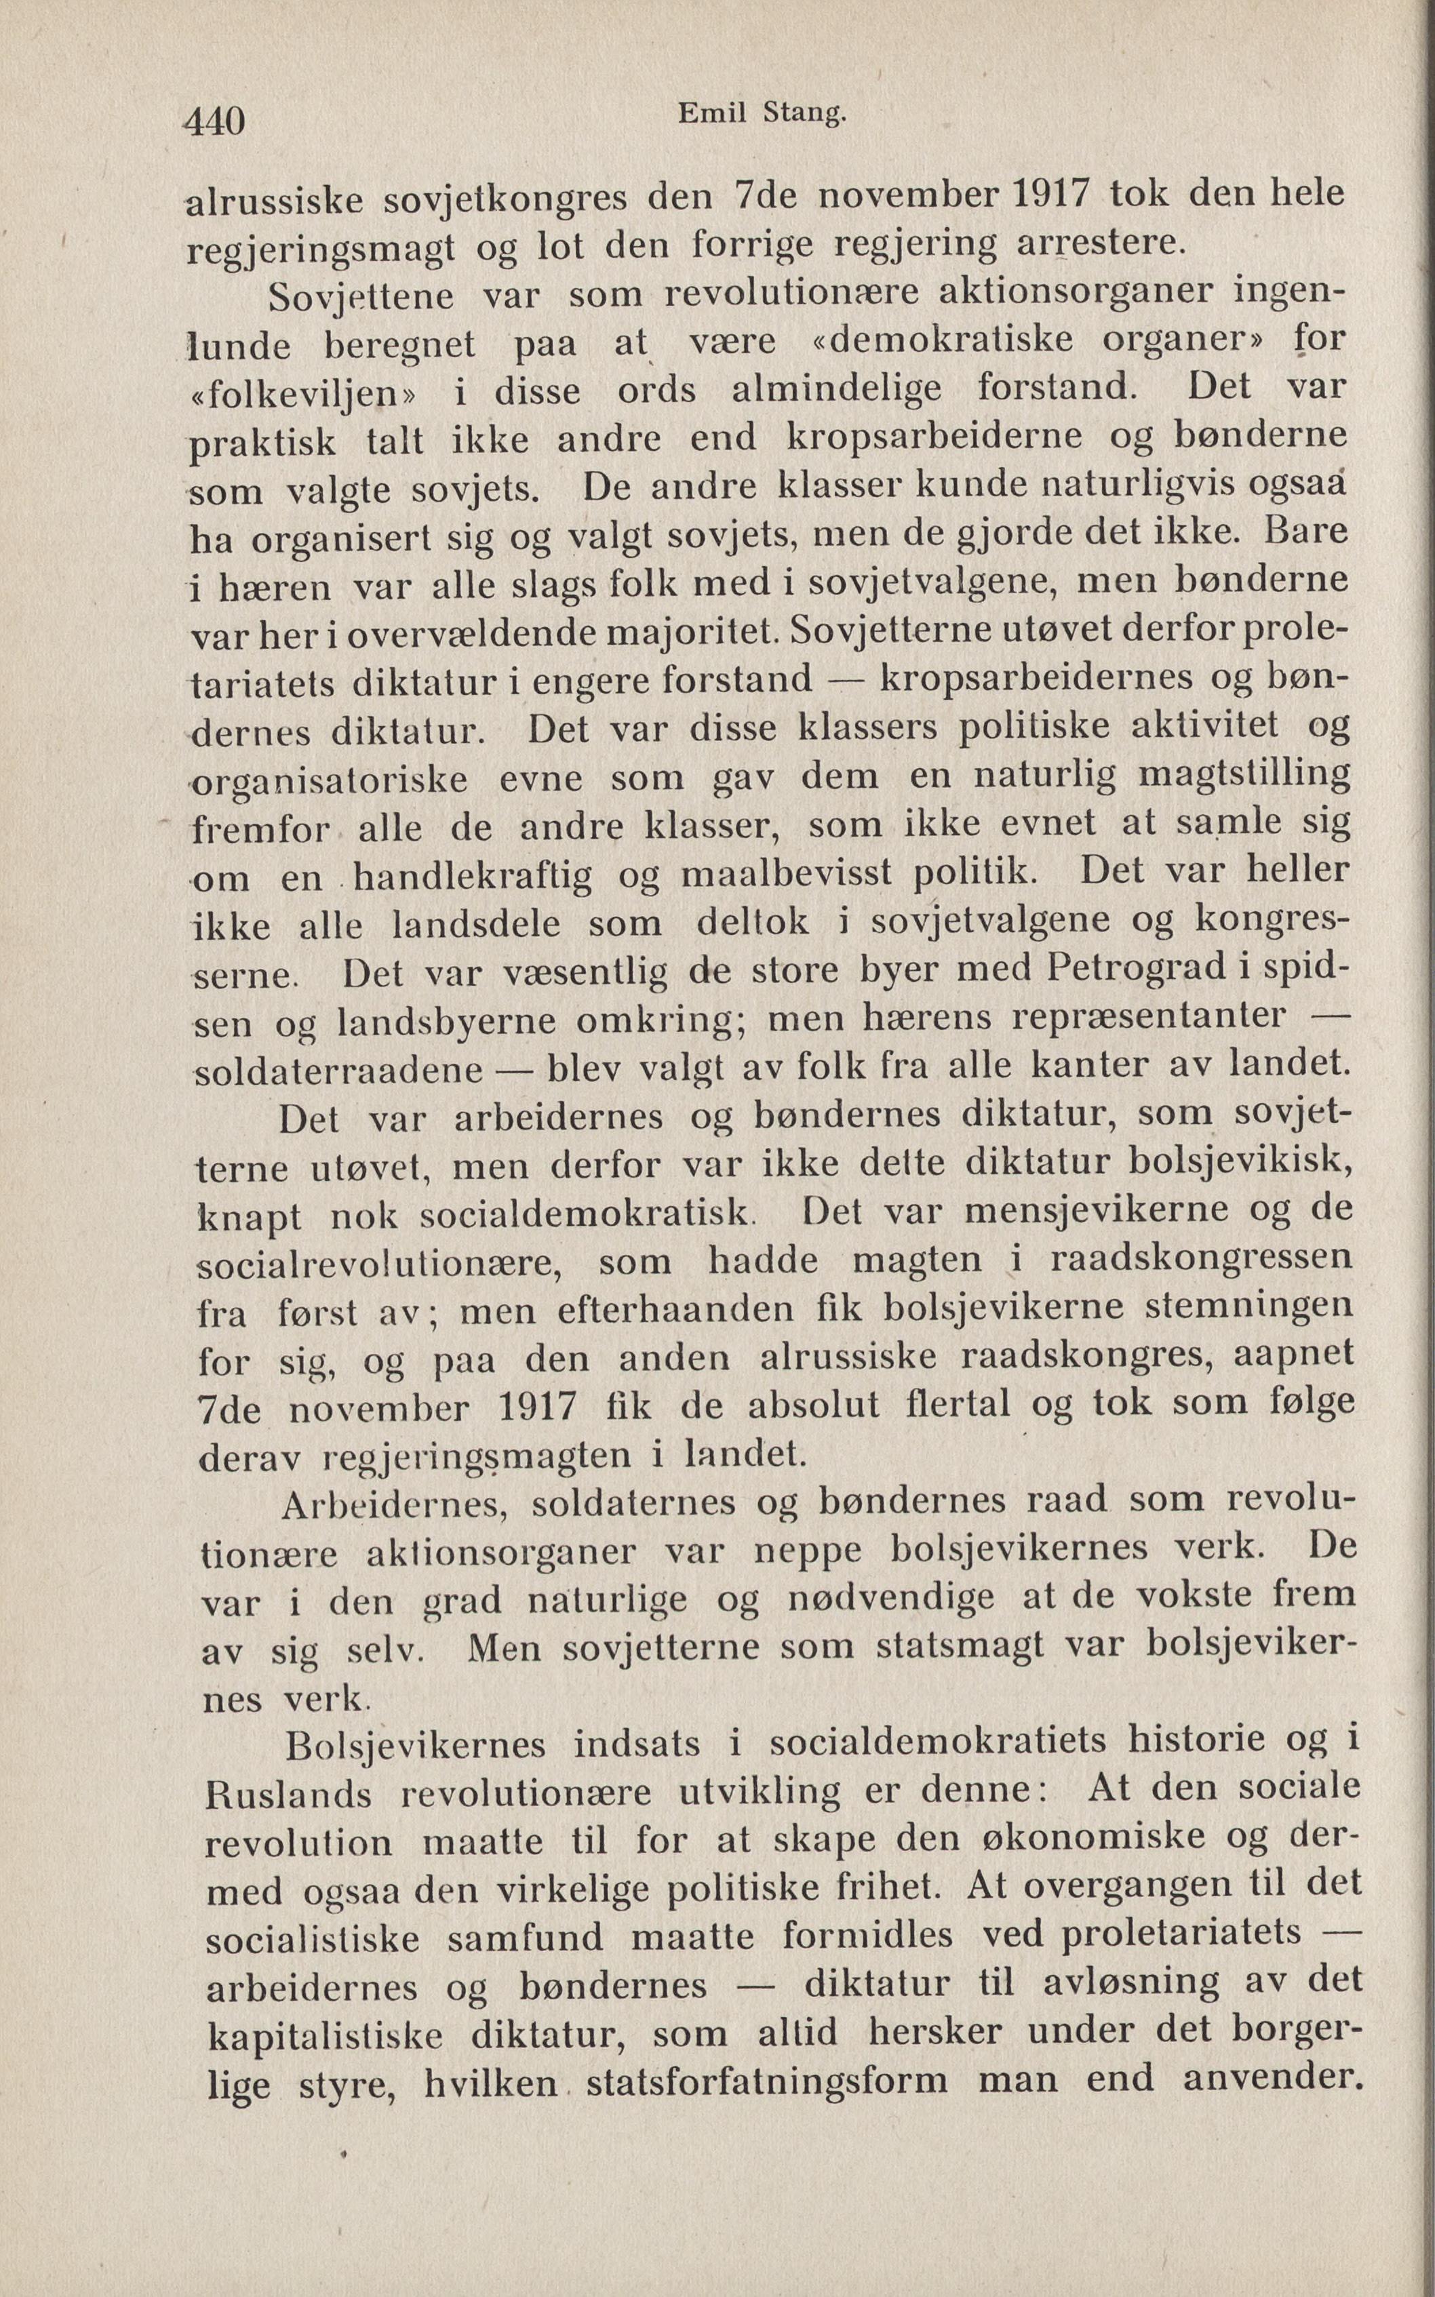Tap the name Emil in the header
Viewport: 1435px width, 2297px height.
710,114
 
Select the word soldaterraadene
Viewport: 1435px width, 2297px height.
340,1071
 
